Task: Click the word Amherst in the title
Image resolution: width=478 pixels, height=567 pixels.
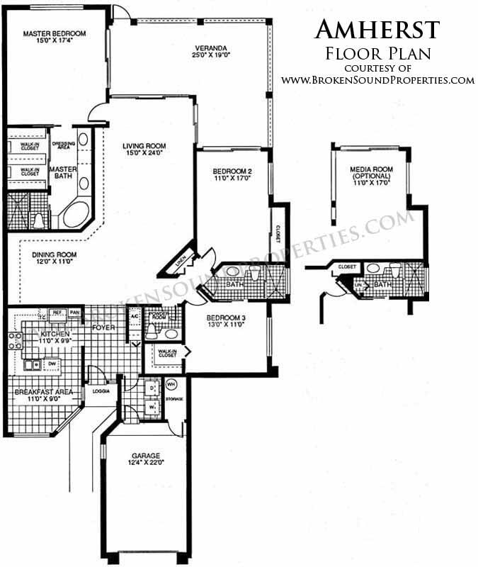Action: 377,29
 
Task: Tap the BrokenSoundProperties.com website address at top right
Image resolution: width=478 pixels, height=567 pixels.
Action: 377,80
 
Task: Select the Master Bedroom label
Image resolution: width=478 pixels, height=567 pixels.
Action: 54,33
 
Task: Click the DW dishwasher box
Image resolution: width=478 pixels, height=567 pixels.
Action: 51,364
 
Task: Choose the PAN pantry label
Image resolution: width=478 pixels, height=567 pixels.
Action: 74,313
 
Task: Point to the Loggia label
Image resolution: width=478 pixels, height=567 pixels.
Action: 96,391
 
